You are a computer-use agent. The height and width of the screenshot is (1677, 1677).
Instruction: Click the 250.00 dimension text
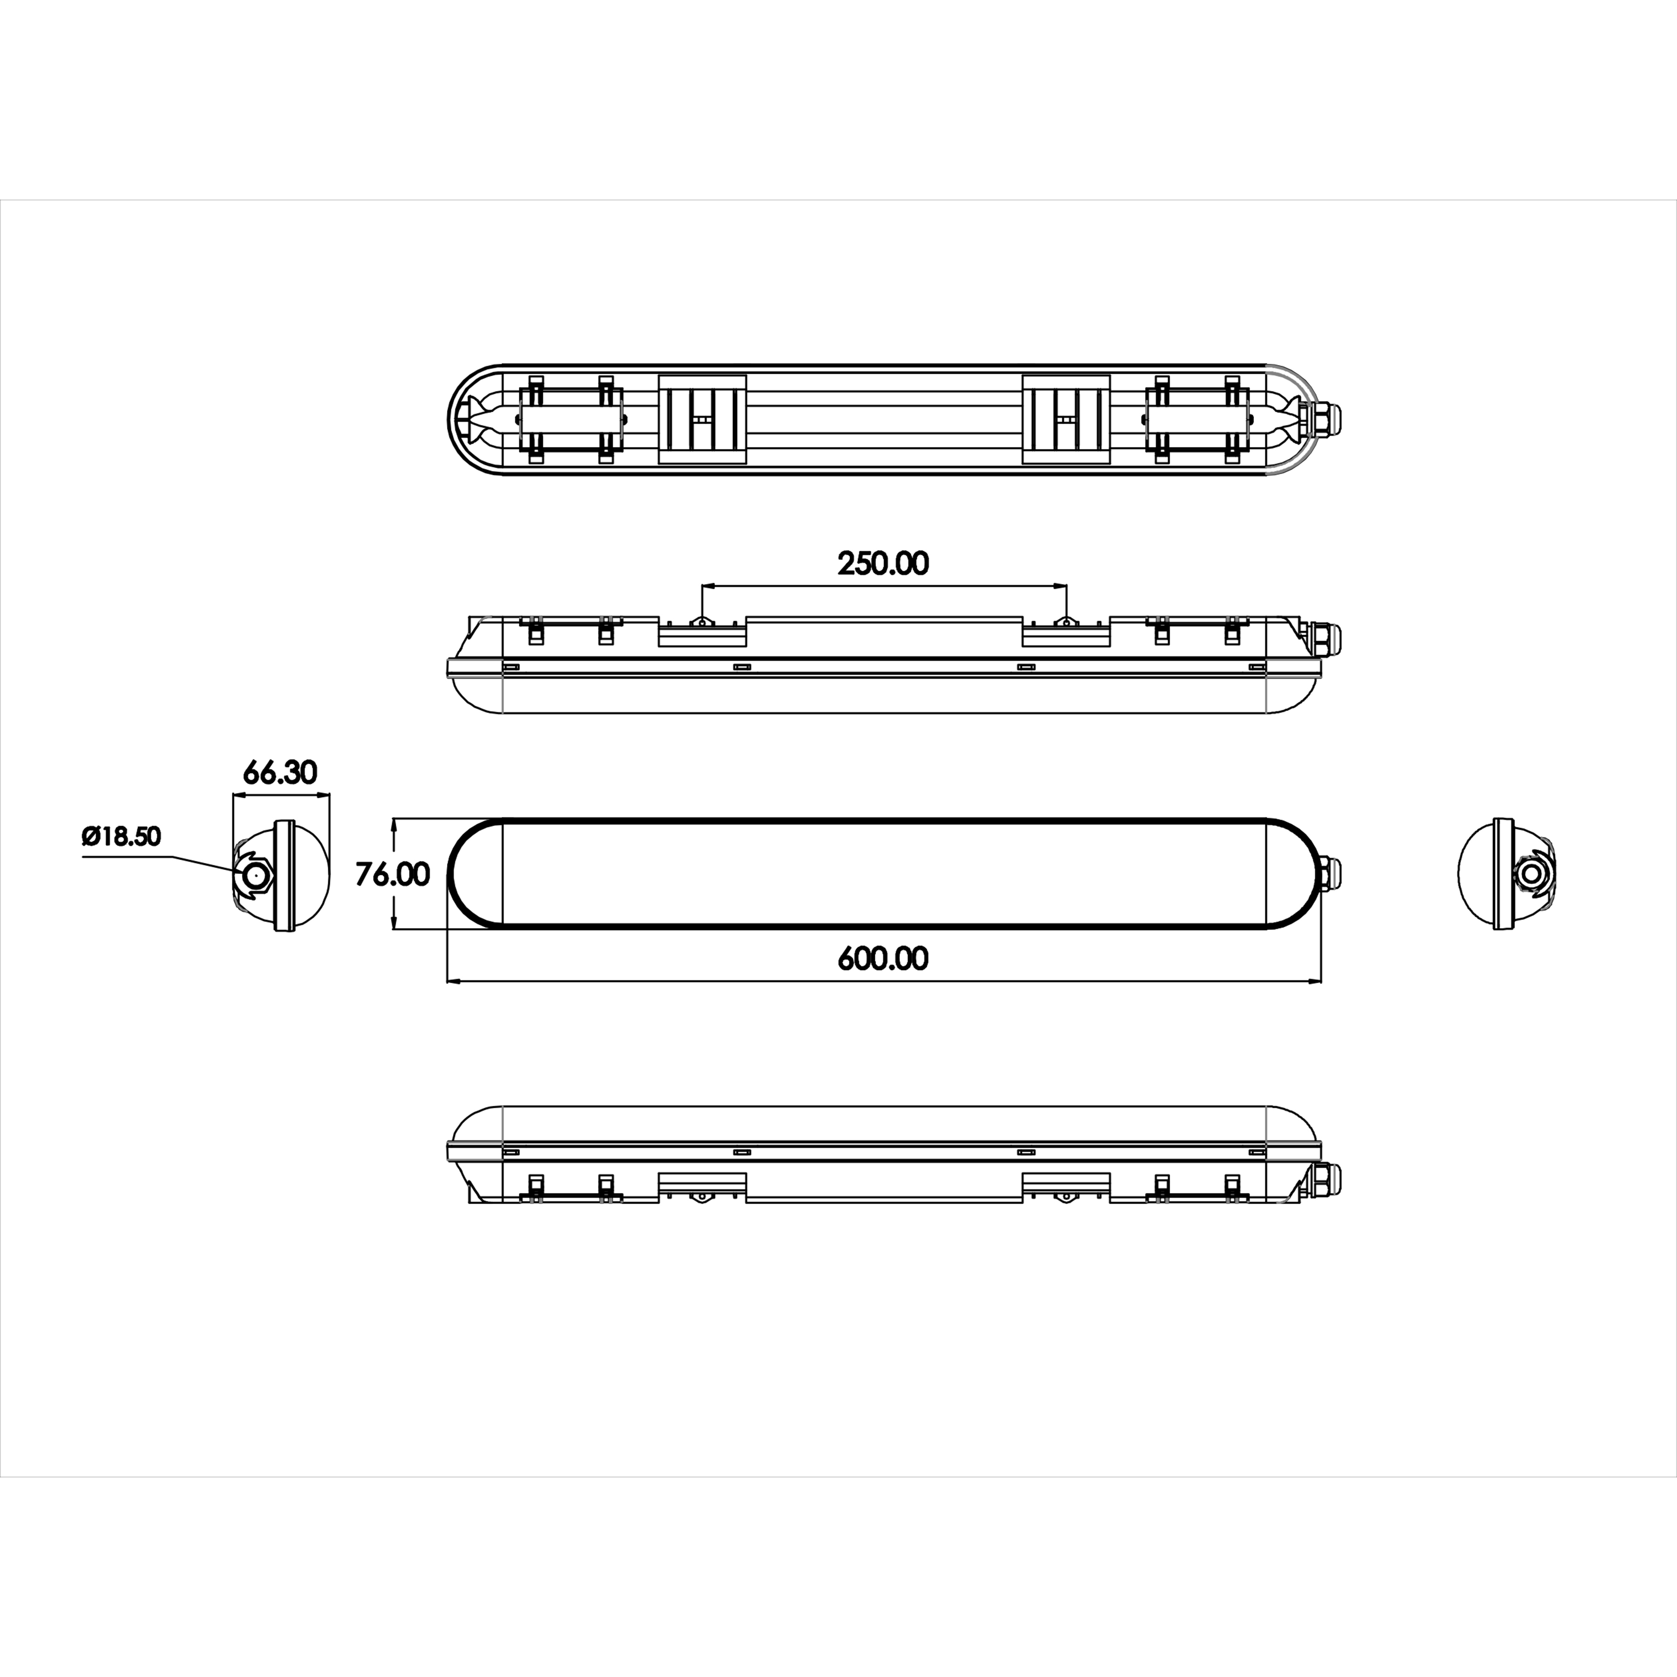click(883, 564)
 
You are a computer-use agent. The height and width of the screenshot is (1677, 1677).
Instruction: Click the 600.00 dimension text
click(883, 958)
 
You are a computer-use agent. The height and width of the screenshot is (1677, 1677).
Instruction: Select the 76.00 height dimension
click(392, 874)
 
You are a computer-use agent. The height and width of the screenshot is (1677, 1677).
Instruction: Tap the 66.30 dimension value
click(279, 772)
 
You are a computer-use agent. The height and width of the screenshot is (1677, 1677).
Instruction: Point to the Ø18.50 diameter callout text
click(122, 836)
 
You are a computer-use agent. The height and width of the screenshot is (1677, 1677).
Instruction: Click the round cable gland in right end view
click(1530, 873)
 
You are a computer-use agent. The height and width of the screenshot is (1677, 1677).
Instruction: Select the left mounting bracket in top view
click(702, 419)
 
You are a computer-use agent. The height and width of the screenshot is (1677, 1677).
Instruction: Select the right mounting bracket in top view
click(1066, 419)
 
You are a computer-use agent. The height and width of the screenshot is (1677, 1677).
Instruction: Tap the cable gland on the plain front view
click(1329, 873)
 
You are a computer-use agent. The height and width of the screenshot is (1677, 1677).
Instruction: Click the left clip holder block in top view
click(570, 419)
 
